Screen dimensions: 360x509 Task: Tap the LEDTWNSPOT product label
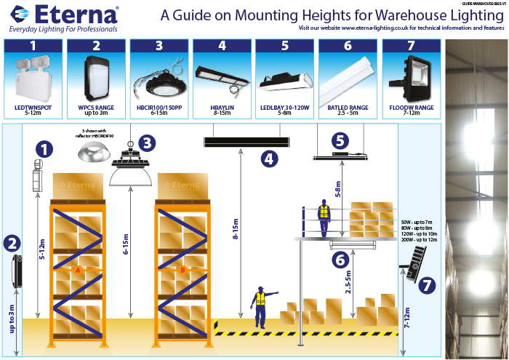tap(33, 107)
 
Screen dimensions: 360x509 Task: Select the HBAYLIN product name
tap(223, 107)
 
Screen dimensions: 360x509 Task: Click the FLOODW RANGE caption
tap(411, 107)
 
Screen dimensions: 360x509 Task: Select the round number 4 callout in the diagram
tap(269, 157)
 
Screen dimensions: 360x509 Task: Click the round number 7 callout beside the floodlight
tap(428, 284)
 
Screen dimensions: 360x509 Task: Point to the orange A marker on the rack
tap(77, 270)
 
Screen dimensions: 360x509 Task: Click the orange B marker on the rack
tap(182, 270)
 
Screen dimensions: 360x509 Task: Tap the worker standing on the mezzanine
tap(324, 215)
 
